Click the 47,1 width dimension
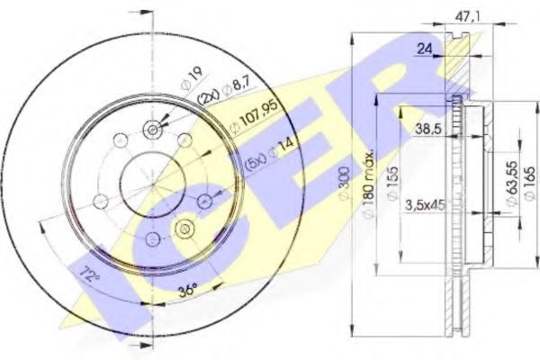click(463, 16)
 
